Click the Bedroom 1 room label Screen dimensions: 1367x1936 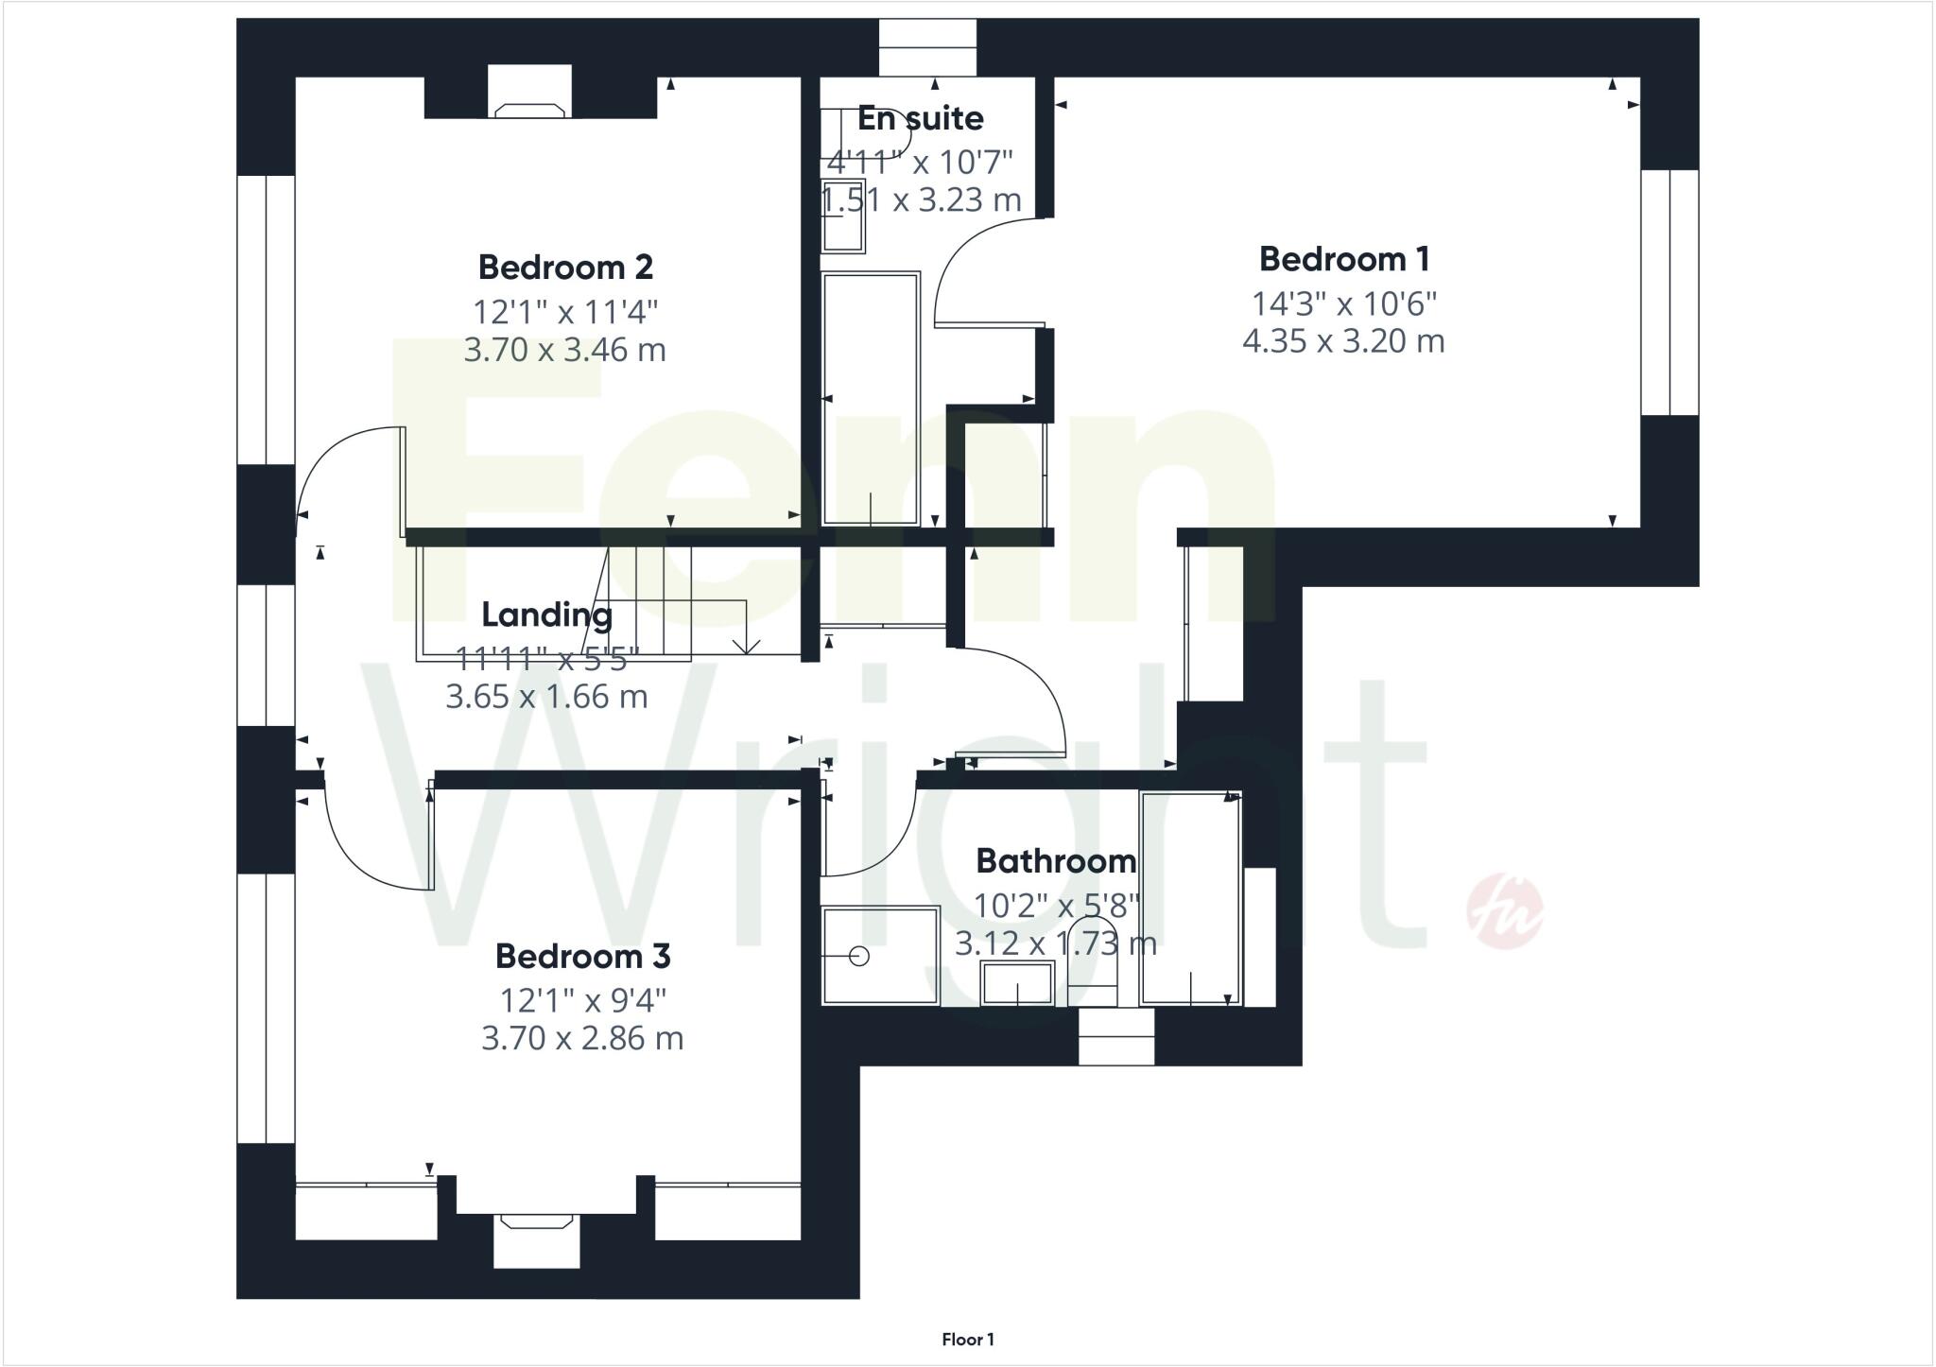pyautogui.click(x=1343, y=259)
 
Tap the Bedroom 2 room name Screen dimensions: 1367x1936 pyautogui.click(x=565, y=268)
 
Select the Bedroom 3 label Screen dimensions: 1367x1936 pyautogui.click(x=582, y=957)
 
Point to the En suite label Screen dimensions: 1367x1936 pyautogui.click(x=920, y=119)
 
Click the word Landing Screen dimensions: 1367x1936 pyautogui.click(x=546, y=615)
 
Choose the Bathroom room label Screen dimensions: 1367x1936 pyautogui.click(x=1056, y=861)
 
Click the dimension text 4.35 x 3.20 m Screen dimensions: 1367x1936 pyautogui.click(x=1343, y=341)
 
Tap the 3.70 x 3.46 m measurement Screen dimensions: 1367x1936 pyautogui.click(x=565, y=351)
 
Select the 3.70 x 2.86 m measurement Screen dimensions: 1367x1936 pyautogui.click(x=582, y=1039)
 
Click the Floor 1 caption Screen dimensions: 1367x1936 pyautogui.click(x=967, y=1340)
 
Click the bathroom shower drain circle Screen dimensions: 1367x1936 pyautogui.click(x=859, y=957)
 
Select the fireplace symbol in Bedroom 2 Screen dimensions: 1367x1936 pyautogui.click(x=530, y=110)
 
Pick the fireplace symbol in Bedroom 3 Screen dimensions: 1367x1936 pyautogui.click(x=537, y=1221)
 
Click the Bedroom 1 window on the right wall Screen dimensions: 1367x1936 pyautogui.click(x=1669, y=292)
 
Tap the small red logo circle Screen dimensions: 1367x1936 pyautogui.click(x=1504, y=912)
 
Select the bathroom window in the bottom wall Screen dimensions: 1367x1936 pyautogui.click(x=1116, y=1037)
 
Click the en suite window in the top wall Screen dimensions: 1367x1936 pyautogui.click(x=926, y=47)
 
